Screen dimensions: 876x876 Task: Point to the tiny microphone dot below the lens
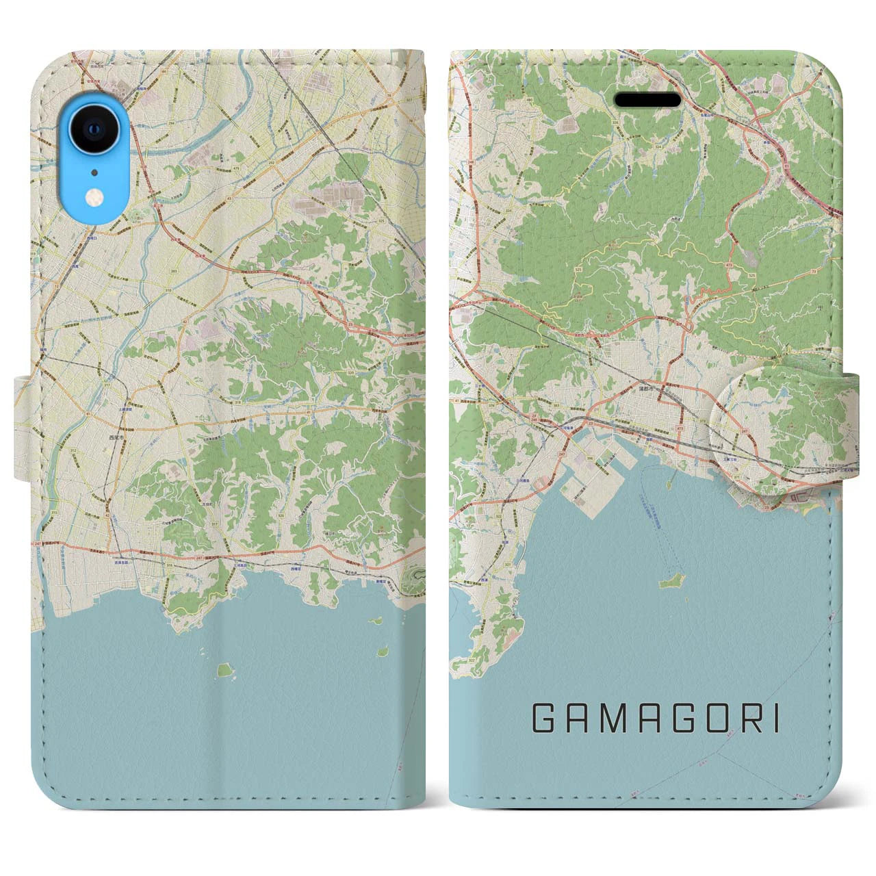pyautogui.click(x=94, y=172)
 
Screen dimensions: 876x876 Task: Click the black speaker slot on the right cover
pyautogui.click(x=648, y=101)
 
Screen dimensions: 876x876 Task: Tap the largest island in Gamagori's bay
pyautogui.click(x=669, y=583)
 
